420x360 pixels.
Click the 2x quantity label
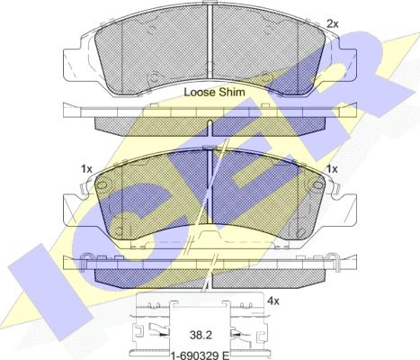point(333,23)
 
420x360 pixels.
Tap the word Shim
point(232,92)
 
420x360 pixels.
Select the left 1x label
point(86,169)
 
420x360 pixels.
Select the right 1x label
point(332,169)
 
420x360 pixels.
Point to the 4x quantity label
point(273,301)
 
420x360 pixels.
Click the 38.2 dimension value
point(201,335)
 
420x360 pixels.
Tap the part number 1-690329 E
point(200,356)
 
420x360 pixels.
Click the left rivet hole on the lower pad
point(103,185)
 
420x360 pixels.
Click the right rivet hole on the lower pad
point(317,185)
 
